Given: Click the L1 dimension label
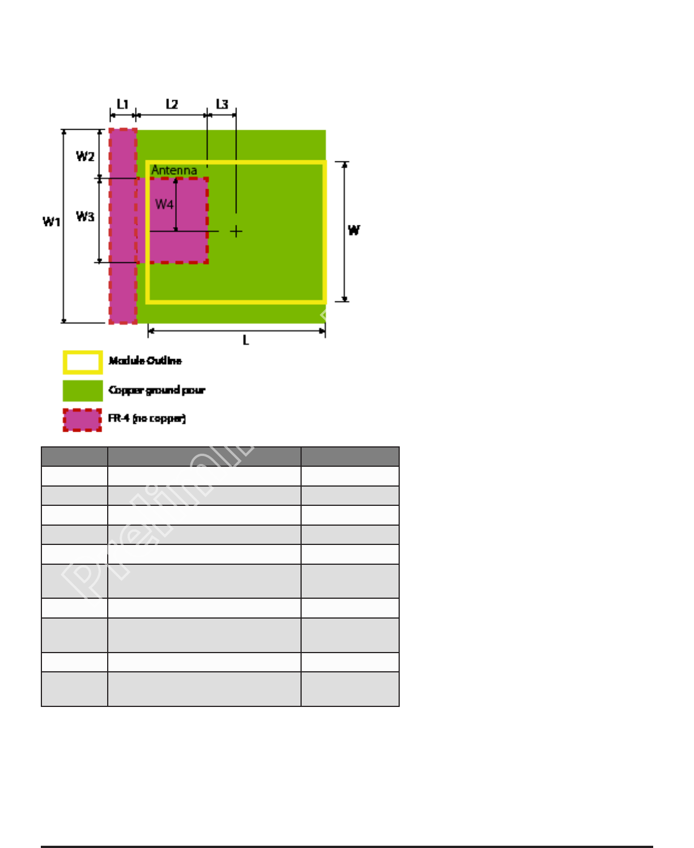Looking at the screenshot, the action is tap(122, 104).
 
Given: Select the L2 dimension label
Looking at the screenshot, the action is tap(172, 104).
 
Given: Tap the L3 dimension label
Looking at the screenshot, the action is tap(222, 104).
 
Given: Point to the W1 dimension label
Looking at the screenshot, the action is tap(52, 221).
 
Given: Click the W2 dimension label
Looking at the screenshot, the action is tap(85, 156).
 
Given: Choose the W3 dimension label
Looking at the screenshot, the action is tap(85, 216).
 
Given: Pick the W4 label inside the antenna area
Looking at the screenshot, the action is tap(164, 204).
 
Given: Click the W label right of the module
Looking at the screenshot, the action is tap(354, 230).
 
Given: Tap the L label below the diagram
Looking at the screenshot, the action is tap(246, 340).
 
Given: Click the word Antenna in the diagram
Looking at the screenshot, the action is tap(174, 170).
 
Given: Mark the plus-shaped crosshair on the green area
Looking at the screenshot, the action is tap(236, 231).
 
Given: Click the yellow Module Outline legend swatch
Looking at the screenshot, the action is tap(83, 363).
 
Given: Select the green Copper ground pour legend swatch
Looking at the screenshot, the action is tap(83, 390).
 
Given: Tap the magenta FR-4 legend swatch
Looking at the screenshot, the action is tap(83, 420).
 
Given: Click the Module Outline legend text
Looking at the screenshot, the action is tap(145, 361).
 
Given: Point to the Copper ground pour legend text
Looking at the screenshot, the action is tap(156, 390).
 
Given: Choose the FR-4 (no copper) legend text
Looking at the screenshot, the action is tap(147, 419).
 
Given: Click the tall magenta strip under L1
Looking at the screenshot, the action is tap(123, 283).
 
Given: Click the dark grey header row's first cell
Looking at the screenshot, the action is tap(74, 457).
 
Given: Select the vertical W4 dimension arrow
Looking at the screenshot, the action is tap(176, 205).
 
